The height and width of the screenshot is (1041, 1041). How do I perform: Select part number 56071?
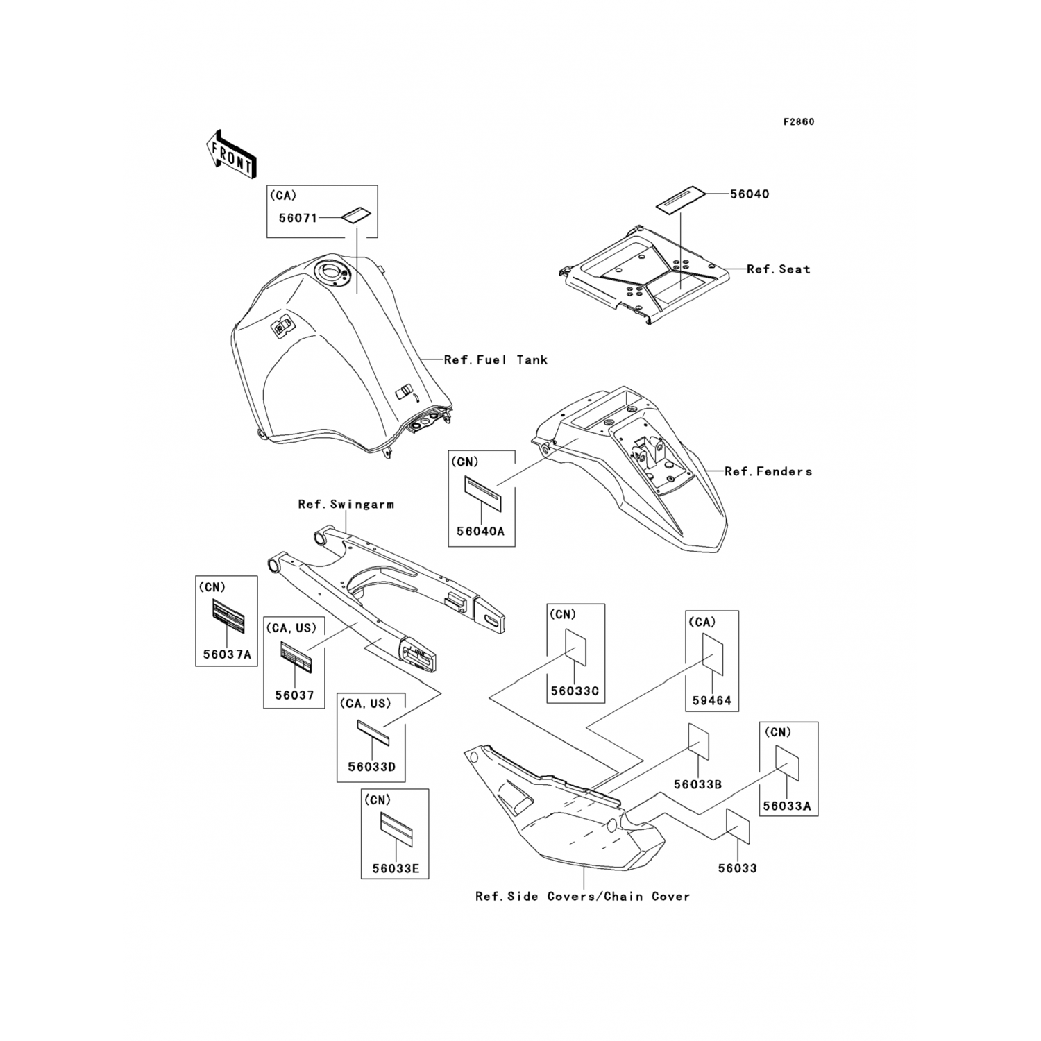pyautogui.click(x=298, y=218)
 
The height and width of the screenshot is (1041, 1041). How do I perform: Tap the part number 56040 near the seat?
pyautogui.click(x=750, y=194)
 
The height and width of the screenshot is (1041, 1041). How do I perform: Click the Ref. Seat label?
pyautogui.click(x=778, y=269)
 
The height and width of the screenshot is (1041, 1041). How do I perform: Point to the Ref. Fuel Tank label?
pyautogui.click(x=496, y=359)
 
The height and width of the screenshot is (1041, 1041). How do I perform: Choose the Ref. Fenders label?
pyautogui.click(x=768, y=471)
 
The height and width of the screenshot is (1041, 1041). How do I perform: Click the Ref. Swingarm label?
pyautogui.click(x=346, y=505)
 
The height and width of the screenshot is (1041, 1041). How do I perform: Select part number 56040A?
pyautogui.click(x=480, y=532)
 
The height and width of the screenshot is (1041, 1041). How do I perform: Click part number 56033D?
pyautogui.click(x=371, y=767)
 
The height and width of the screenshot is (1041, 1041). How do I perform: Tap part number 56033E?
pyautogui.click(x=395, y=868)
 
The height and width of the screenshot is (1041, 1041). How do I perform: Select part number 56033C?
pyautogui.click(x=575, y=691)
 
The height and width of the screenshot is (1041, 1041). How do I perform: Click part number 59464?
pyautogui.click(x=712, y=700)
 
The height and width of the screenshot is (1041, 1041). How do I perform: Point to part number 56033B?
pyautogui.click(x=697, y=784)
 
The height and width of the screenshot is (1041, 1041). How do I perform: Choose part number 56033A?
pyautogui.click(x=787, y=806)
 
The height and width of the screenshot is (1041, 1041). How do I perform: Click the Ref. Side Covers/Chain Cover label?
pyautogui.click(x=582, y=897)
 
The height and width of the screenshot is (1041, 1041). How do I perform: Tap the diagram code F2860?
pyautogui.click(x=799, y=122)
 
